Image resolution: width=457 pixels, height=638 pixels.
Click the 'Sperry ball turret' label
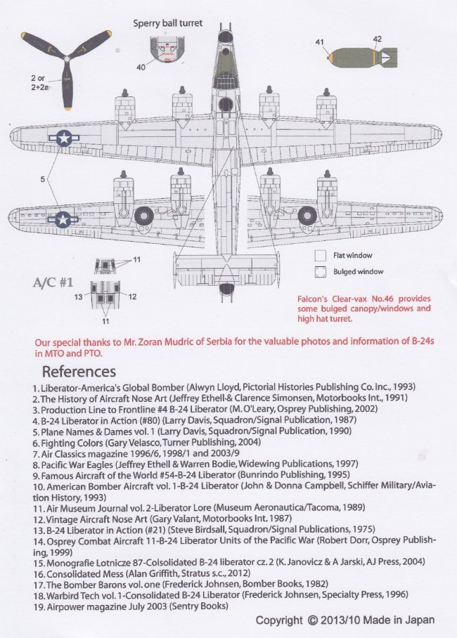[168, 23]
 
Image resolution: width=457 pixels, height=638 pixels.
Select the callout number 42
[378, 39]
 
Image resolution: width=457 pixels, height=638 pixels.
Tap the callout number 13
[80, 297]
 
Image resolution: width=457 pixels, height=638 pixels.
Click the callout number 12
[132, 297]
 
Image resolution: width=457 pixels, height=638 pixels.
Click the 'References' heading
[79, 371]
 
